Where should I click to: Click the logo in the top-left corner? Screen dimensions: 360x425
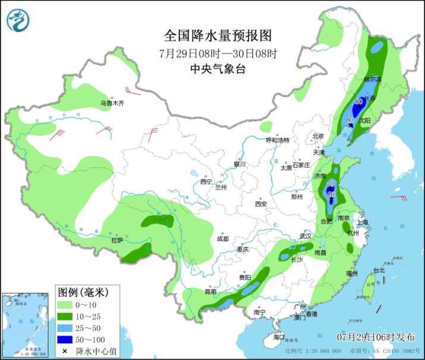pos(18,20)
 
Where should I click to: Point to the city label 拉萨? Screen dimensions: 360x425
pos(117,240)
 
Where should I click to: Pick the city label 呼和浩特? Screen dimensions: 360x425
pos(277,140)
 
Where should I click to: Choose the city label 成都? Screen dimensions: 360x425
pos(222,239)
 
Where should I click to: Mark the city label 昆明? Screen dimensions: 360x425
pos(211,292)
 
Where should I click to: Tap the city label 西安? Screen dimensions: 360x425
pos(261,204)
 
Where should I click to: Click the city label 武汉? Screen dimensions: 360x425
pos(306,236)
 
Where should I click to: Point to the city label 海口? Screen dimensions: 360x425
pos(279,337)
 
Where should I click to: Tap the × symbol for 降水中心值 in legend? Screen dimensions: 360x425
pos(64,352)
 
